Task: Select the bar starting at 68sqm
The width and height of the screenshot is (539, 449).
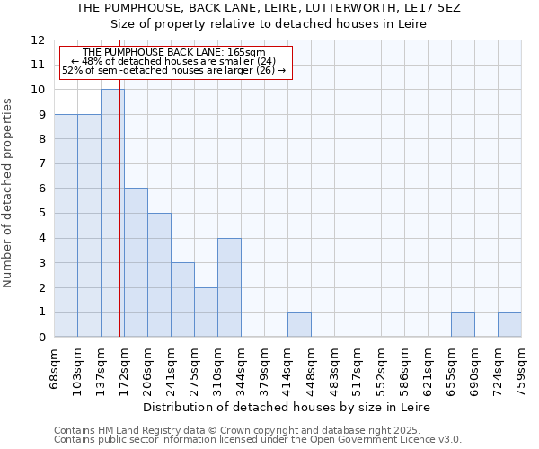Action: point(66,225)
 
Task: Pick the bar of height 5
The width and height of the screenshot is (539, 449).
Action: point(159,275)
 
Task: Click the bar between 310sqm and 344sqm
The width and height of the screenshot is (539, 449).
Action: point(229,287)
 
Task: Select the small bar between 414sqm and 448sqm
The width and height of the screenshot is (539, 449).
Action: point(299,324)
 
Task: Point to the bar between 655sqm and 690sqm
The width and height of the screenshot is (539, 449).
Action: point(463,324)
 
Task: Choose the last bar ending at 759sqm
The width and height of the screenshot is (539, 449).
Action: point(509,324)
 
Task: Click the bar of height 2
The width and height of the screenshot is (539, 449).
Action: point(206,312)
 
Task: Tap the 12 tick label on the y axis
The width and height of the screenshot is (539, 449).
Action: point(37,40)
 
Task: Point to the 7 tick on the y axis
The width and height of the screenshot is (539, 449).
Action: point(40,163)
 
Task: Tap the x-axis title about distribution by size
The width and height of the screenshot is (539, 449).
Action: point(287,407)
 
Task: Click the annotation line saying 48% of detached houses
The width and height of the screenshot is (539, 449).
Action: point(173,61)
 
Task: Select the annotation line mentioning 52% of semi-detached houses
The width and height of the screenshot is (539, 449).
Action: point(173,70)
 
